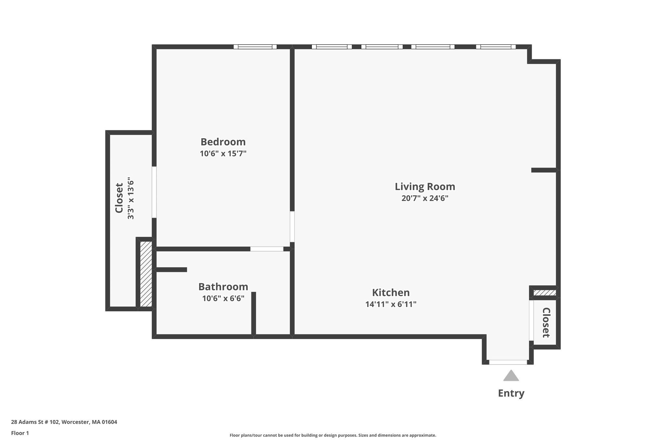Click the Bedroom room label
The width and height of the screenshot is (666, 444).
[x=223, y=142]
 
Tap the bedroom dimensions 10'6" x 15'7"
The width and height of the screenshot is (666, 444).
[x=223, y=154]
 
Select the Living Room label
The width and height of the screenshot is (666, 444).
[x=425, y=186]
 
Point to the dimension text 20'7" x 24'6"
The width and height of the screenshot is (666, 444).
[x=425, y=198]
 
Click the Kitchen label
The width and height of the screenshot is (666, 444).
[x=391, y=292]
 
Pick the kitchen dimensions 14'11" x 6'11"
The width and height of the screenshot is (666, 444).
[x=391, y=304]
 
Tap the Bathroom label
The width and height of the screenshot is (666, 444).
[x=223, y=287]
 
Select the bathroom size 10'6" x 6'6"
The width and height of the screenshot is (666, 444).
[x=223, y=298]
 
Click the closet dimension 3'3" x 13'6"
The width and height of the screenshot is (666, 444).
[x=130, y=198]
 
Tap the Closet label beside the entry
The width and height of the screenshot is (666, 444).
[x=546, y=322]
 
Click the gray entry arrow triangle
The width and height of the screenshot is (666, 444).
[x=511, y=376]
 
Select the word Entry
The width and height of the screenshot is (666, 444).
[x=511, y=393]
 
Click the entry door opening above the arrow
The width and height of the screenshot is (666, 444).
[x=508, y=362]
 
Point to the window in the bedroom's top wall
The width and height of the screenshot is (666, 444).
[x=255, y=47]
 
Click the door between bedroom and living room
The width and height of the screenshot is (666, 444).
[x=292, y=226]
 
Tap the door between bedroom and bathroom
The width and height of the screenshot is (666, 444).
[x=267, y=249]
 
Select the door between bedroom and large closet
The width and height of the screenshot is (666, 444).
[x=154, y=192]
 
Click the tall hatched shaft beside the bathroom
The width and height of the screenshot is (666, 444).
[x=146, y=274]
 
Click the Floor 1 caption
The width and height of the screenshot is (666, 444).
[x=20, y=433]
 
